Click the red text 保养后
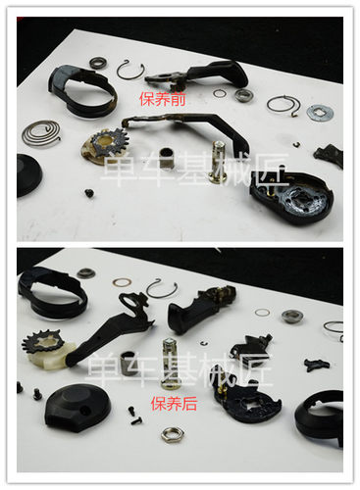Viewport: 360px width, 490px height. pyautogui.click(x=170, y=403)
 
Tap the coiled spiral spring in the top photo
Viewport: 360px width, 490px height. pyautogui.click(x=41, y=130)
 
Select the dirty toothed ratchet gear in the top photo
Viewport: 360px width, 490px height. pyautogui.click(x=104, y=145)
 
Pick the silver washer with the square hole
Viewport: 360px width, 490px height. pyautogui.click(x=320, y=113)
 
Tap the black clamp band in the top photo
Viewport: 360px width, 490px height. pyautogui.click(x=80, y=88)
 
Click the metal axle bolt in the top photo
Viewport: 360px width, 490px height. pyautogui.click(x=218, y=161)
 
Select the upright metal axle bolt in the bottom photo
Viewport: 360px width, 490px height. pyautogui.click(x=171, y=361)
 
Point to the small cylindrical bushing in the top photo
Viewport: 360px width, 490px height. pyautogui.click(x=167, y=157)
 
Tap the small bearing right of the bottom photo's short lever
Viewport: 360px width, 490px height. pyautogui.click(x=290, y=316)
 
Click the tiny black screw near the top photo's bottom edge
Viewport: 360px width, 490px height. pyautogui.click(x=88, y=193)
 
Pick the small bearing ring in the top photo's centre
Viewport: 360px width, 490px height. pyautogui.click(x=243, y=95)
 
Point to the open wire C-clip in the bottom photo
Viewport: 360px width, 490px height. pyautogui.click(x=162, y=288)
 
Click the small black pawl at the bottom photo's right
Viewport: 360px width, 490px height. pyautogui.click(x=316, y=365)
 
